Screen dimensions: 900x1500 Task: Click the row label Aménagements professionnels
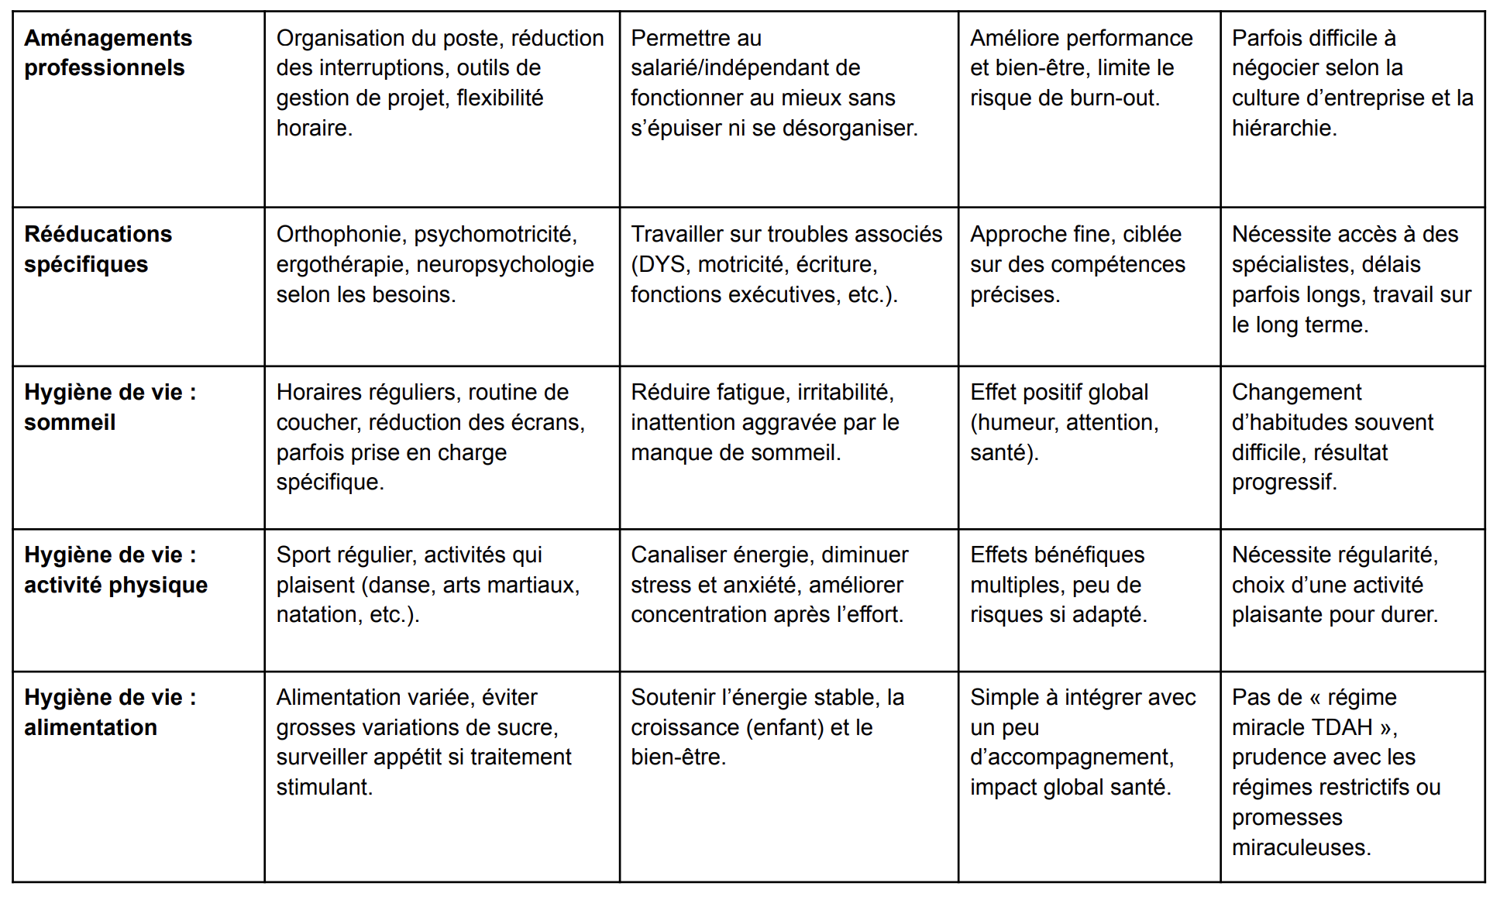point(108,53)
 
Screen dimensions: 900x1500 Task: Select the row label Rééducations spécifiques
point(98,249)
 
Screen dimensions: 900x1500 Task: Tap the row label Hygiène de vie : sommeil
point(109,407)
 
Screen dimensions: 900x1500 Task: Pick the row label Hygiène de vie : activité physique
point(115,569)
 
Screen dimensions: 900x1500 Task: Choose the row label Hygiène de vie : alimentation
point(109,712)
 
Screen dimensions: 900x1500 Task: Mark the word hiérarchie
point(1283,128)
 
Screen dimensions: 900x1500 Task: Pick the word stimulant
point(324,787)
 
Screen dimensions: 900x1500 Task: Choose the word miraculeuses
point(1301,847)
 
